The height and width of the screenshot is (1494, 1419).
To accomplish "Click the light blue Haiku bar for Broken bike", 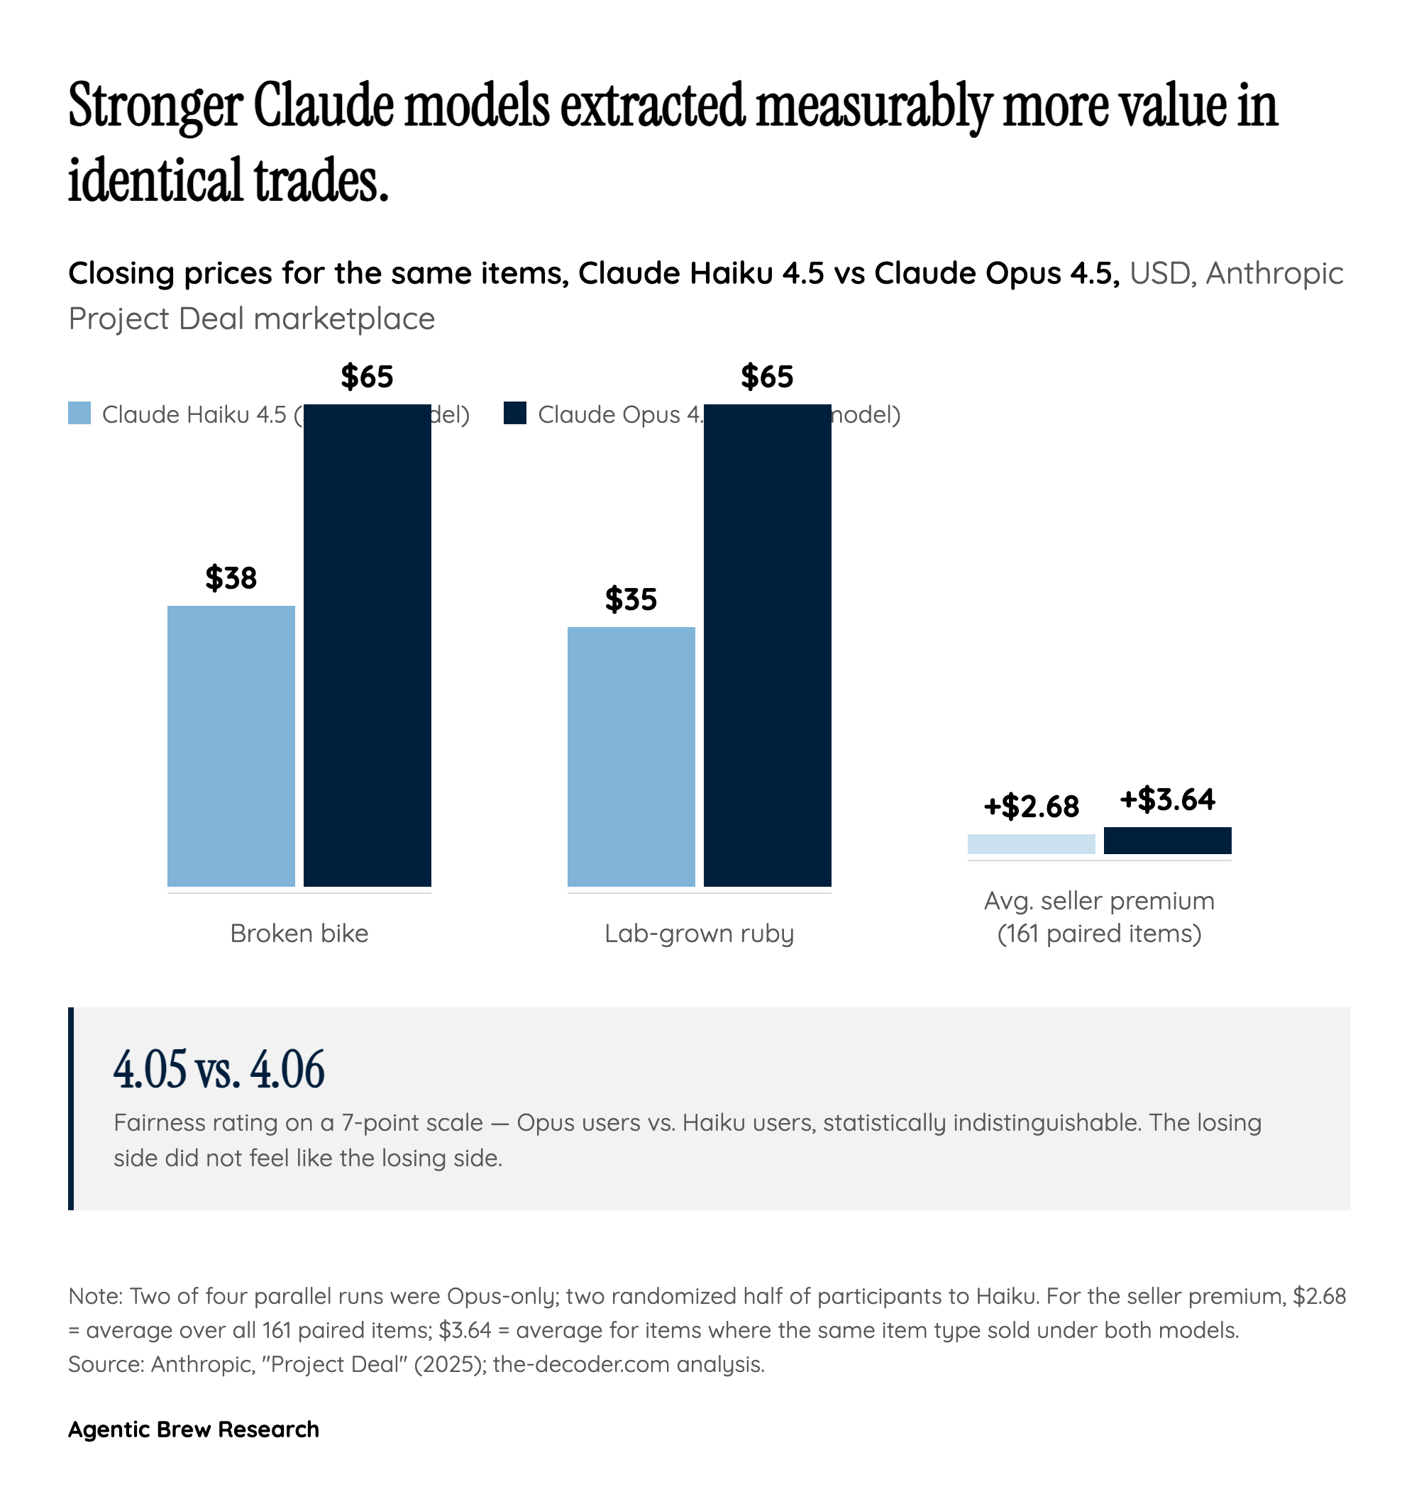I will click(231, 745).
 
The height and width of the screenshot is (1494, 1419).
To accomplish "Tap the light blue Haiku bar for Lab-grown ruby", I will click(631, 756).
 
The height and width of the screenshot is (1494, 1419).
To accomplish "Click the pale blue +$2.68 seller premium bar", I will click(1031, 843).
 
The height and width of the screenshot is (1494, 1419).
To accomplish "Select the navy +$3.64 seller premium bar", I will click(1167, 840).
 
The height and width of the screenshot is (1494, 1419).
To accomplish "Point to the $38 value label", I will click(231, 578).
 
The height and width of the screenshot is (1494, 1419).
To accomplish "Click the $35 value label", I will click(631, 599).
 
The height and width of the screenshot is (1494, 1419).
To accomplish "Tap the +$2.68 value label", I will click(1031, 807).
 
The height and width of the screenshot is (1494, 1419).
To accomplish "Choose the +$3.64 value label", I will click(1167, 799).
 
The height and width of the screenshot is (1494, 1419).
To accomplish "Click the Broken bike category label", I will click(299, 933).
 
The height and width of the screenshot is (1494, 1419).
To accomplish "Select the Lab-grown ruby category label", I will click(699, 933).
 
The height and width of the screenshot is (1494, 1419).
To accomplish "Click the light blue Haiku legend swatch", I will click(79, 413).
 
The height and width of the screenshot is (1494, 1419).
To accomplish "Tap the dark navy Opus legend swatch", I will click(515, 413).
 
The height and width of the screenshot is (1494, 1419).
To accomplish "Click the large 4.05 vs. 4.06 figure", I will click(219, 1069).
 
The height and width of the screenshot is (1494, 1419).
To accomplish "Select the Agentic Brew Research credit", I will click(194, 1428).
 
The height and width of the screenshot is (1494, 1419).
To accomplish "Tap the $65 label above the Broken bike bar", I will click(367, 377).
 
